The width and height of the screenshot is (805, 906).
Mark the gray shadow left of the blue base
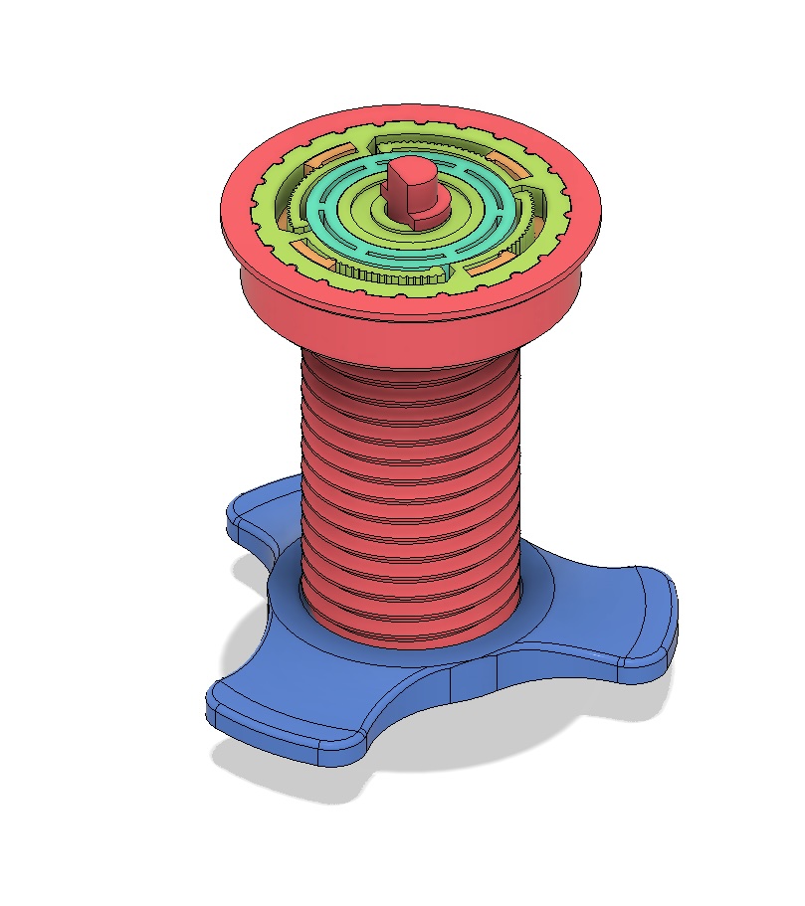[249, 636]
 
